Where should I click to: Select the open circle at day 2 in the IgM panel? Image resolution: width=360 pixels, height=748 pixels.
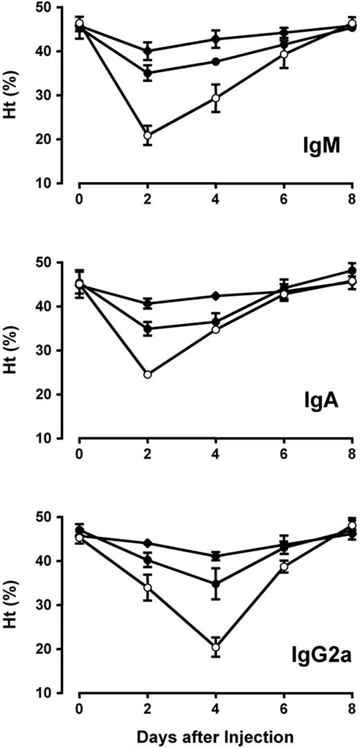(147, 136)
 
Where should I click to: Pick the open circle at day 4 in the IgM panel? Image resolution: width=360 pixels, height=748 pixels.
(216, 98)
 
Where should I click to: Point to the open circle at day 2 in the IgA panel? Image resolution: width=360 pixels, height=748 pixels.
(147, 375)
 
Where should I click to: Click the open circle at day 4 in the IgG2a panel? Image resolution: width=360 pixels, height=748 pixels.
(216, 648)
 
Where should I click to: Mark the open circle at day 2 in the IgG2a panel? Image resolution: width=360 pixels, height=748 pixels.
(147, 587)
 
